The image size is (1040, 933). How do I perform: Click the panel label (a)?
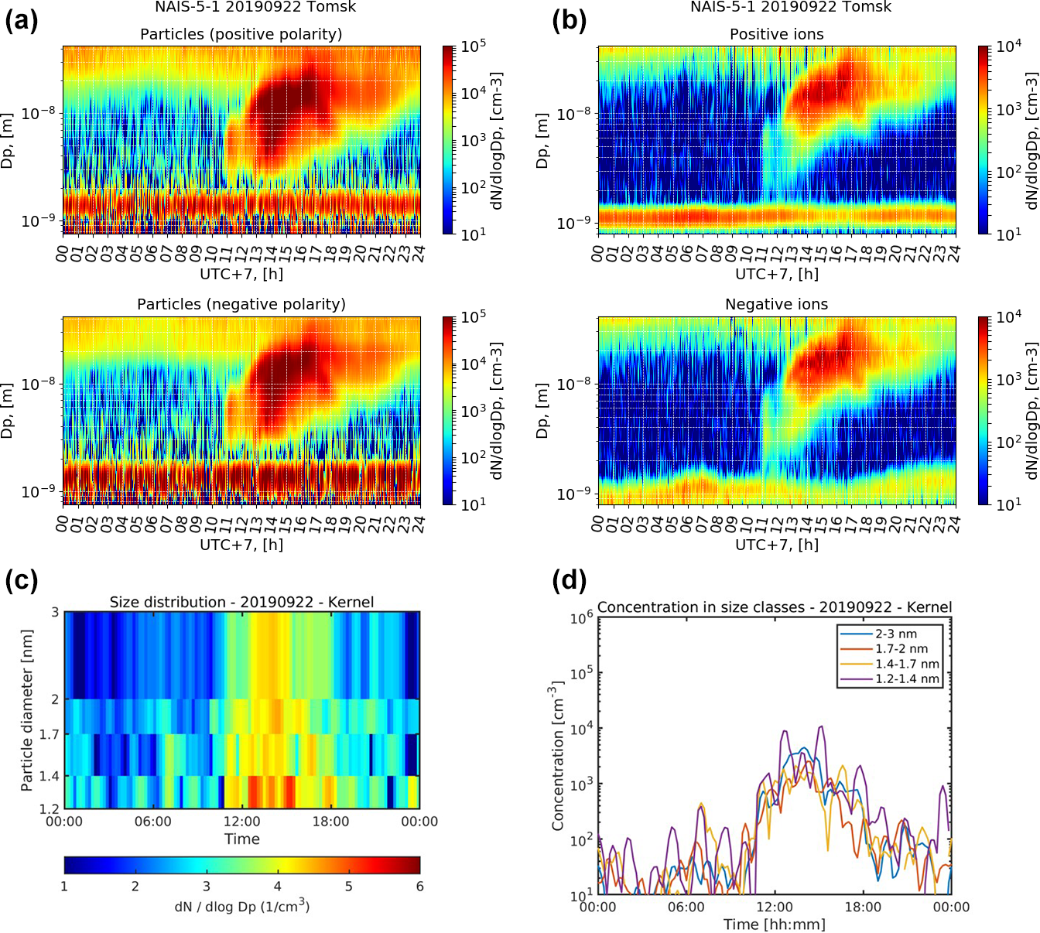coord(21,20)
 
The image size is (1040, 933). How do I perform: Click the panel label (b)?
coord(569,20)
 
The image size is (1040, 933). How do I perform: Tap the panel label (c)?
coord(21,579)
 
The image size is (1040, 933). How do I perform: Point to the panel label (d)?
coord(569,579)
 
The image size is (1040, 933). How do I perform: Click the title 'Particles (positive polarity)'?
coord(241,34)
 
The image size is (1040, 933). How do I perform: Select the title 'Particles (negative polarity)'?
coord(241,304)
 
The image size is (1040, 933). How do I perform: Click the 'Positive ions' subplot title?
coord(776,34)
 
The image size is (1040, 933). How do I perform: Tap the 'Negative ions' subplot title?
coord(776,304)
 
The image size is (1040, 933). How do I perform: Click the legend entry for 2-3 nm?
coord(896,634)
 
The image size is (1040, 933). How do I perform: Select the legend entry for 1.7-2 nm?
coord(901,649)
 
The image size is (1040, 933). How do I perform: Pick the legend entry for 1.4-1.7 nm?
coord(907,664)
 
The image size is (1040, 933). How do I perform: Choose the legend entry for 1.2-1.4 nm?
coord(907,679)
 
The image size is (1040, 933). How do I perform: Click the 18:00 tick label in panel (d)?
coord(863,907)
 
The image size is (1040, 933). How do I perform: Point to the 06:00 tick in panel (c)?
coord(152,822)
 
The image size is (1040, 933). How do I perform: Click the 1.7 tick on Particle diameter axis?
coord(50,734)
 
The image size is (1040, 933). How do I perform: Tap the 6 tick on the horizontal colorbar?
coord(419,887)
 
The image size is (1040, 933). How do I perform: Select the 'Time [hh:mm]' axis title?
coord(774,924)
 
